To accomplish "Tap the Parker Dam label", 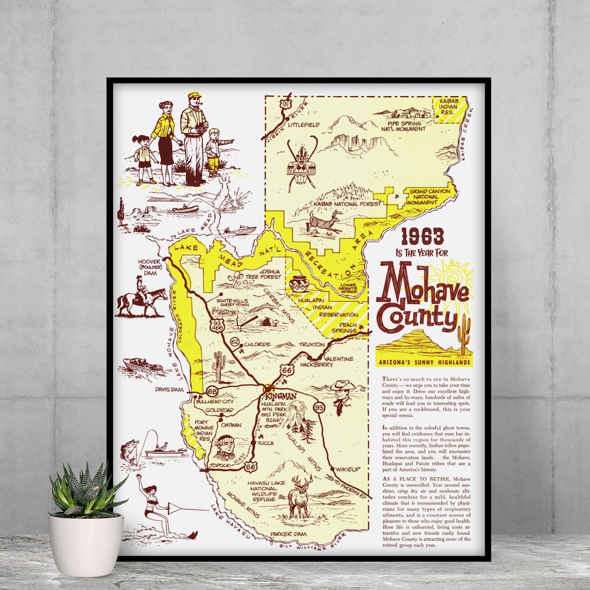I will coord(292,534).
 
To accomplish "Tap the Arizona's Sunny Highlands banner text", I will coord(424,362).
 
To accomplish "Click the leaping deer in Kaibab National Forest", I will coord(324,222).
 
